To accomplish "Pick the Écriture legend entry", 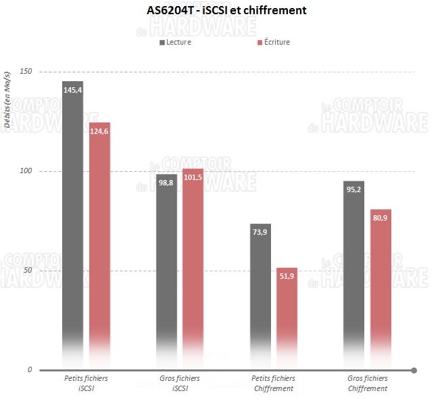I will tap(274, 42).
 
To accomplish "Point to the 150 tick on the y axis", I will tap(26, 72).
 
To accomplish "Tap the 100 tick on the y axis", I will tap(26, 171).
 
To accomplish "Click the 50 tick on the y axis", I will tap(28, 271).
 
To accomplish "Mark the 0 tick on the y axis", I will tap(30, 370).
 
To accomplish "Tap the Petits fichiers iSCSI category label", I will tap(86, 384).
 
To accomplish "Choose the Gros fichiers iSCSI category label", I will tap(180, 384).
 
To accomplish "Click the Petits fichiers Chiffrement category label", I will tap(274, 384).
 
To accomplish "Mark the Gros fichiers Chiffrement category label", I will tap(368, 384).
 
